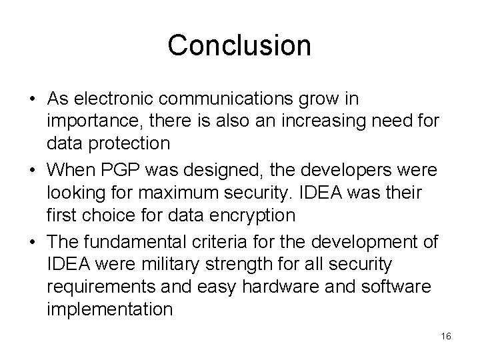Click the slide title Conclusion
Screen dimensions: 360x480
(x=239, y=45)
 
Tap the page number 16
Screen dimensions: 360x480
(x=446, y=337)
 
